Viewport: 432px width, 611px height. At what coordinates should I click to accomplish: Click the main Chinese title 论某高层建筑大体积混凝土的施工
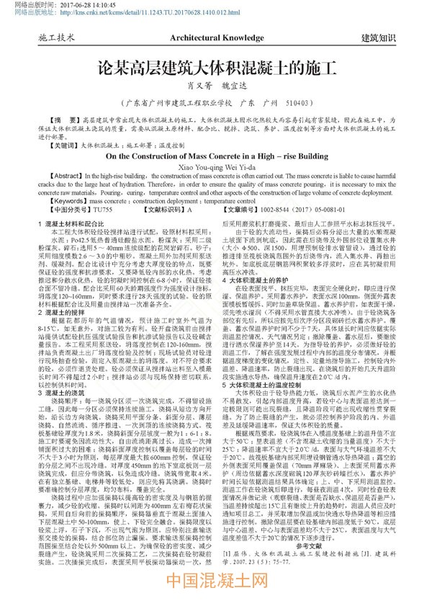[217, 69]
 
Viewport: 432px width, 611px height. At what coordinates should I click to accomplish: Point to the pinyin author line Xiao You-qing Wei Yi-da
[216, 166]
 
